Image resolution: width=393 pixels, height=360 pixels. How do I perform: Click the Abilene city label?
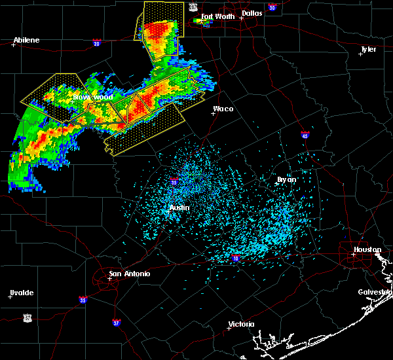click(27, 40)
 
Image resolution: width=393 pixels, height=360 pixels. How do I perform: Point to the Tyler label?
click(368, 49)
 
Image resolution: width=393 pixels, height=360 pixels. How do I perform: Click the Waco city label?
click(223, 109)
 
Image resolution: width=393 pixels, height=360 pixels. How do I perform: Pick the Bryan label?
click(286, 179)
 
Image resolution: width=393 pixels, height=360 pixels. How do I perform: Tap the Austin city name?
click(179, 207)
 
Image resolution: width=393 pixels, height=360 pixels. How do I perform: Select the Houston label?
click(367, 249)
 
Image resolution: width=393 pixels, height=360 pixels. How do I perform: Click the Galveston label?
click(374, 292)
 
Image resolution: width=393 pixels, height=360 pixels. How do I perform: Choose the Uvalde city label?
click(21, 292)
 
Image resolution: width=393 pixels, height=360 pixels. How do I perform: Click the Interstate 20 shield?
click(97, 43)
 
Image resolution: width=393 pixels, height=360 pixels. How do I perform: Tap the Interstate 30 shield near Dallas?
click(271, 7)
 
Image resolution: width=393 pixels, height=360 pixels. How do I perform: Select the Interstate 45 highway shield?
click(305, 135)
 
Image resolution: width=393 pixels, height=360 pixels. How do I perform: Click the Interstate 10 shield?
click(235, 259)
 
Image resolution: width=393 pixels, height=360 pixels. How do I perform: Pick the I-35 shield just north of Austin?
click(174, 182)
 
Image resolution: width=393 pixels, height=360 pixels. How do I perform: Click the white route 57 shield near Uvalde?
click(27, 317)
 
